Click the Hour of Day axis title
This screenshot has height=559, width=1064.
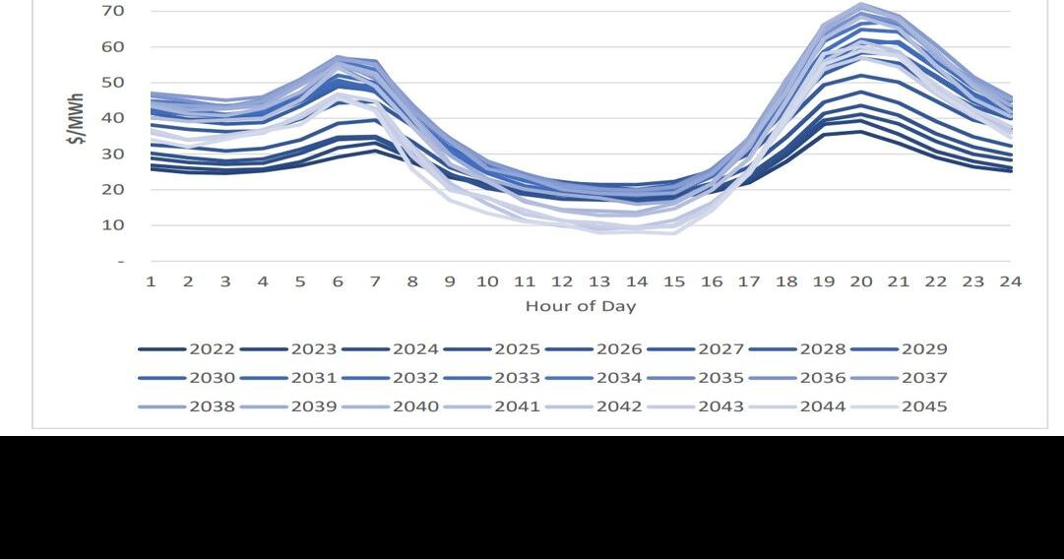581,306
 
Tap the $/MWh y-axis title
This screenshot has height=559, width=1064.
76,119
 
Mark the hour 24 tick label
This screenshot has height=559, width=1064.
1011,281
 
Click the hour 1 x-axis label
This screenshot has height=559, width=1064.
151,281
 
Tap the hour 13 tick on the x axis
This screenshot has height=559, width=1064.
599,281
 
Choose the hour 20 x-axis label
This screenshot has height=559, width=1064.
861,281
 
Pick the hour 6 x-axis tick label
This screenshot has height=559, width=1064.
338,281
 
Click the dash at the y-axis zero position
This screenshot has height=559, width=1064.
120,262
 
